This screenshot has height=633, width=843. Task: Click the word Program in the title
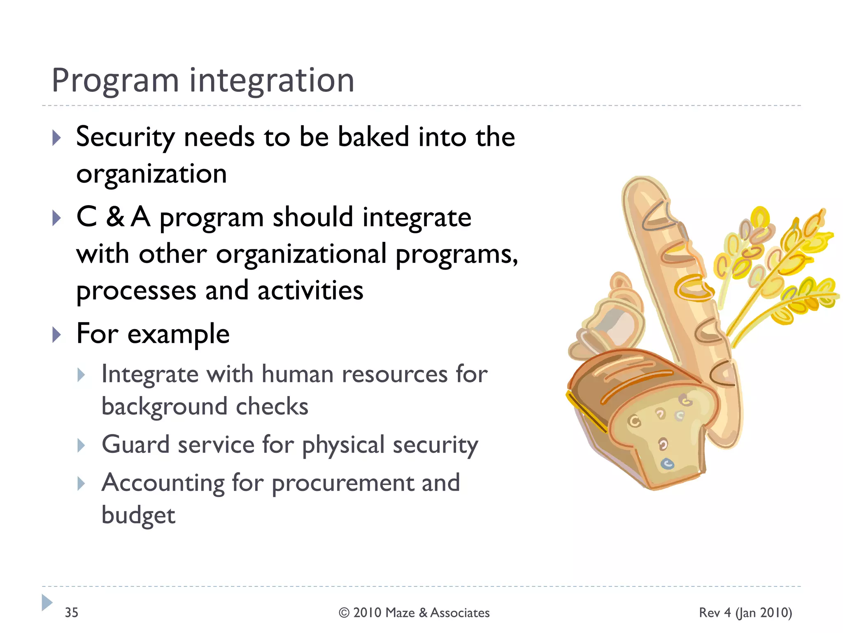point(115,81)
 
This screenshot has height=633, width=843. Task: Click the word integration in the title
point(272,81)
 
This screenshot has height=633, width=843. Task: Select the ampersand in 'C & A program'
point(115,217)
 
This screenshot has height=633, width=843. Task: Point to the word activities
point(310,291)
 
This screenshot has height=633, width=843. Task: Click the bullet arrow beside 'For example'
point(57,335)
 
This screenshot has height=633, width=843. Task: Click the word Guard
point(135,445)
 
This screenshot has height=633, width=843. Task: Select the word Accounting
point(163,483)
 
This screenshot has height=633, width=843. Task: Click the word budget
point(138,516)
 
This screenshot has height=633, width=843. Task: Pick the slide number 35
point(71,612)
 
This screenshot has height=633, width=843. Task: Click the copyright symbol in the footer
point(344,613)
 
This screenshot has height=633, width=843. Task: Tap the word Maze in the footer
point(401,613)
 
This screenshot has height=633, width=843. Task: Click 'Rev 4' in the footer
point(715,612)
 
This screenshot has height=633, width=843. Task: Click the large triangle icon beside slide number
point(47,603)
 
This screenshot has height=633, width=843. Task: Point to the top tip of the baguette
point(642,181)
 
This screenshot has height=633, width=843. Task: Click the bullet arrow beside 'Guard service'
point(81,445)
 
